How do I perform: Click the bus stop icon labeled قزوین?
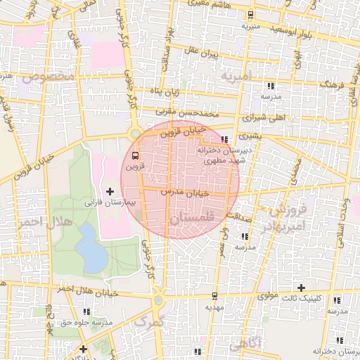[x=135, y=157]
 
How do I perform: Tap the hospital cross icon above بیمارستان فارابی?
[x=110, y=191]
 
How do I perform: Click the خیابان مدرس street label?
[x=186, y=191]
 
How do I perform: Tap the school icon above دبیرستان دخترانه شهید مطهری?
[x=224, y=139]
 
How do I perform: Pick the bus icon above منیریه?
[x=250, y=15]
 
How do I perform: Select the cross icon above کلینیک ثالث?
[x=301, y=288]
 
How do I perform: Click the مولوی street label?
[x=266, y=297]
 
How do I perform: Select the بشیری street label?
[x=248, y=136]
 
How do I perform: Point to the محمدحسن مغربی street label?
[x=193, y=112]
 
